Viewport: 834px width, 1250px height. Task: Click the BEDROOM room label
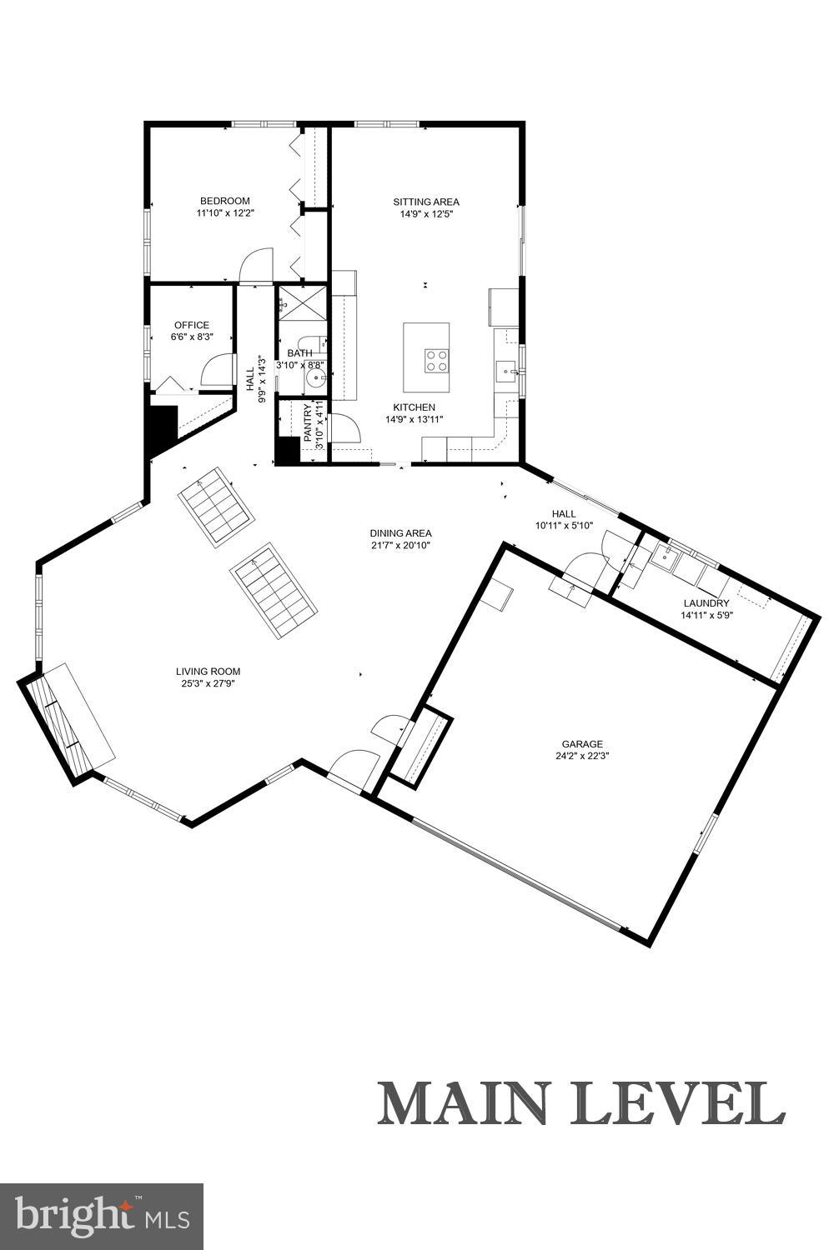tap(224, 201)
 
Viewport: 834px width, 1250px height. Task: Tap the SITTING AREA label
tap(426, 202)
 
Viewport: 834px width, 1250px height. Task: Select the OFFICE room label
tap(191, 325)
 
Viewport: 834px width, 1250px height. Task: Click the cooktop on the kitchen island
tap(436, 361)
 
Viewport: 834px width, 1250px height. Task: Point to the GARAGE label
tap(581, 744)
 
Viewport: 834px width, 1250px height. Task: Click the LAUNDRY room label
tap(706, 603)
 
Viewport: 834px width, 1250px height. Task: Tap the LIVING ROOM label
tap(208, 671)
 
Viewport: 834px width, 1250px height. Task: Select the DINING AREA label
tap(401, 533)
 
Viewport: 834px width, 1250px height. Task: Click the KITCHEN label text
tap(414, 407)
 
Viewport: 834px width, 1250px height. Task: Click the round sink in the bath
tap(315, 378)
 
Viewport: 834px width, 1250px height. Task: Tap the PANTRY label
tap(308, 422)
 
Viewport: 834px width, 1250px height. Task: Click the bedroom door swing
tap(256, 266)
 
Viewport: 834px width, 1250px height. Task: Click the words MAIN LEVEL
tap(581, 1103)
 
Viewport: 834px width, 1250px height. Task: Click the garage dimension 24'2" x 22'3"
tap(581, 757)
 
